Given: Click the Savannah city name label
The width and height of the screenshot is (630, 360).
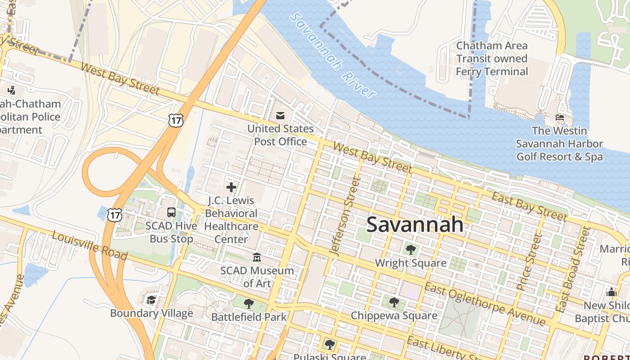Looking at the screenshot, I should coord(414,224).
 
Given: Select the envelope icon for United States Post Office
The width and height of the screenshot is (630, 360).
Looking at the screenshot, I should coord(280,116).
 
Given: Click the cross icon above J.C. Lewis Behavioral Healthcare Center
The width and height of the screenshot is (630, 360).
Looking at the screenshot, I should coord(231,187).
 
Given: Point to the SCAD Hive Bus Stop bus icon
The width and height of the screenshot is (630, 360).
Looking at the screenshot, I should coord(171,212).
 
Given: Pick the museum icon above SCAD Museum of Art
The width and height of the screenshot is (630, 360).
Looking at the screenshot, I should coord(257,257).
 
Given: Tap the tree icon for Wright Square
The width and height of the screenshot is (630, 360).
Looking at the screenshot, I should coord(410,249).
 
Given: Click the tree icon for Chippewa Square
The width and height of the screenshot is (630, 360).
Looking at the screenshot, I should coord(394,302).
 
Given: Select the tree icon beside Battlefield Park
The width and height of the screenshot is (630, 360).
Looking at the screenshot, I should coord(249,304).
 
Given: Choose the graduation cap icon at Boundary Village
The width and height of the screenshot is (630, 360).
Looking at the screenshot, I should coord(152,300).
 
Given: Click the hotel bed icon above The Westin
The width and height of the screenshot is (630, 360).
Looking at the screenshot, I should coord(560,117).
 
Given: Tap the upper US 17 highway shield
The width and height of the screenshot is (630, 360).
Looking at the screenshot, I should coord(176,120).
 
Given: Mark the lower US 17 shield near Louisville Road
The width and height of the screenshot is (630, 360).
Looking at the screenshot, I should coord(114,215).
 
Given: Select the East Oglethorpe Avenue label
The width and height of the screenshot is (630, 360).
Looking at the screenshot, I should coord(485,304).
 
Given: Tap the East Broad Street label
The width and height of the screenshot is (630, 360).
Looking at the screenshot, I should coord(573,269).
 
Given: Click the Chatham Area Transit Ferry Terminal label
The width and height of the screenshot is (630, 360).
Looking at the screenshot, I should coord(492,58).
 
